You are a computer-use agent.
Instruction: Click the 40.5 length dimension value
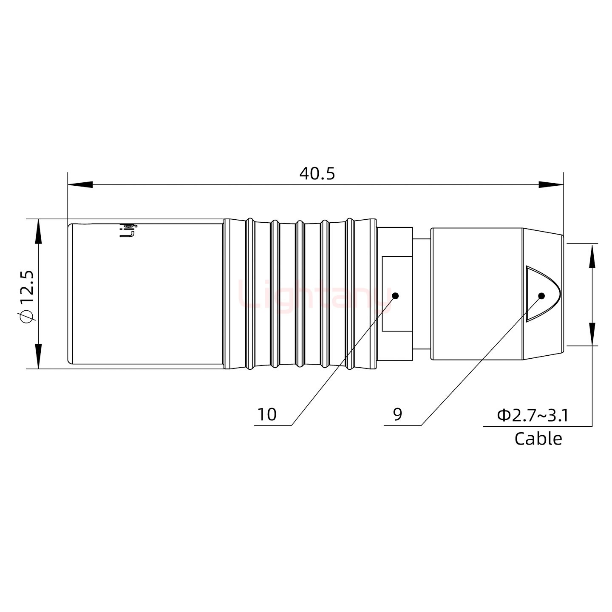(317, 173)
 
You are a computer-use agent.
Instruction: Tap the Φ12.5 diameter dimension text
(26, 296)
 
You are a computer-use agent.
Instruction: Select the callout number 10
(267, 414)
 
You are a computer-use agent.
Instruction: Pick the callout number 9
(397, 414)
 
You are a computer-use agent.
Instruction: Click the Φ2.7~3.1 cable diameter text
(533, 415)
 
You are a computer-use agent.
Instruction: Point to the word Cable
(538, 439)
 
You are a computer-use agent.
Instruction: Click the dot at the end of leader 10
(395, 296)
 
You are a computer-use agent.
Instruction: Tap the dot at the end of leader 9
(541, 296)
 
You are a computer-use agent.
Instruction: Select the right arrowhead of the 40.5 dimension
(551, 184)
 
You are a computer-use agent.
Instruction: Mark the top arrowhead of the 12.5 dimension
(39, 232)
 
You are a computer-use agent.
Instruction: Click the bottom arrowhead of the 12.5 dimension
(39, 356)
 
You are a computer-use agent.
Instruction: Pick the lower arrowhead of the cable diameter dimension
(592, 334)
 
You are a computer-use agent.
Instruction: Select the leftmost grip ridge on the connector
(250, 294)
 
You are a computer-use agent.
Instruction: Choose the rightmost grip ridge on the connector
(349, 294)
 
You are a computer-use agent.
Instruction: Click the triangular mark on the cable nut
(542, 293)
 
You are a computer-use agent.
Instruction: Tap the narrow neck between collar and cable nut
(421, 294)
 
